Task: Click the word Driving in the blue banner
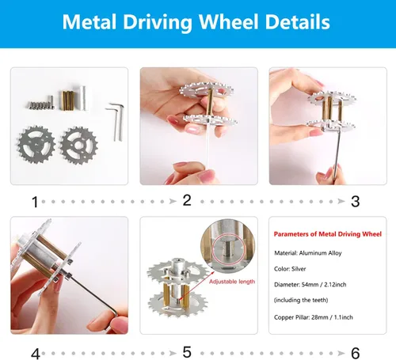pos(158,23)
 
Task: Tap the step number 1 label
pos(35,203)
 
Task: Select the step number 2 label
pos(187,200)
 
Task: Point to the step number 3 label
pos(356,202)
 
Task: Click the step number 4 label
pos(36,354)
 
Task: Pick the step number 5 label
pos(187,352)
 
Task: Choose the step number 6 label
pos(356,353)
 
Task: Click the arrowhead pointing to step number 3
pos(341,202)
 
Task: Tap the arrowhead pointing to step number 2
pos(173,202)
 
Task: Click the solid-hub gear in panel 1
pos(36,145)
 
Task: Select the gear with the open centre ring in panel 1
pos(79,146)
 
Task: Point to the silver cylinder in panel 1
pos(82,98)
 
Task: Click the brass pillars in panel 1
pos(67,100)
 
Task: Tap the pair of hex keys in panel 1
pos(116,122)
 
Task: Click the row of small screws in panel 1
pos(40,104)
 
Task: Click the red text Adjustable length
pos(232,282)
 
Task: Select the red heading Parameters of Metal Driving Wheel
pos(328,234)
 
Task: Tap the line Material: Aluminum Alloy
pos(308,253)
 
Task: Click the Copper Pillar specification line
pos(314,317)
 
